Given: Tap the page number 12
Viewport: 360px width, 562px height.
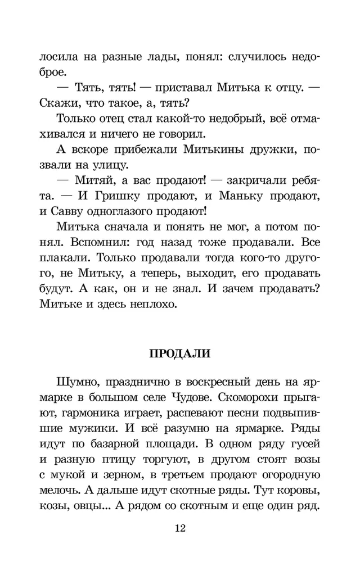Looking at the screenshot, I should pos(180,528).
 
